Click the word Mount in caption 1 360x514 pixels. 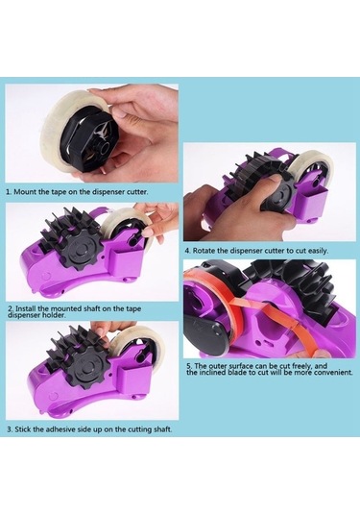pos(25,192)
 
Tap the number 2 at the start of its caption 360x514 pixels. pos(11,308)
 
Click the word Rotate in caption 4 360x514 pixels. pos(204,251)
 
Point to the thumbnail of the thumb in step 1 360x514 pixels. pos(119,113)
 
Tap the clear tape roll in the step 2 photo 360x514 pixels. pos(127,225)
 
